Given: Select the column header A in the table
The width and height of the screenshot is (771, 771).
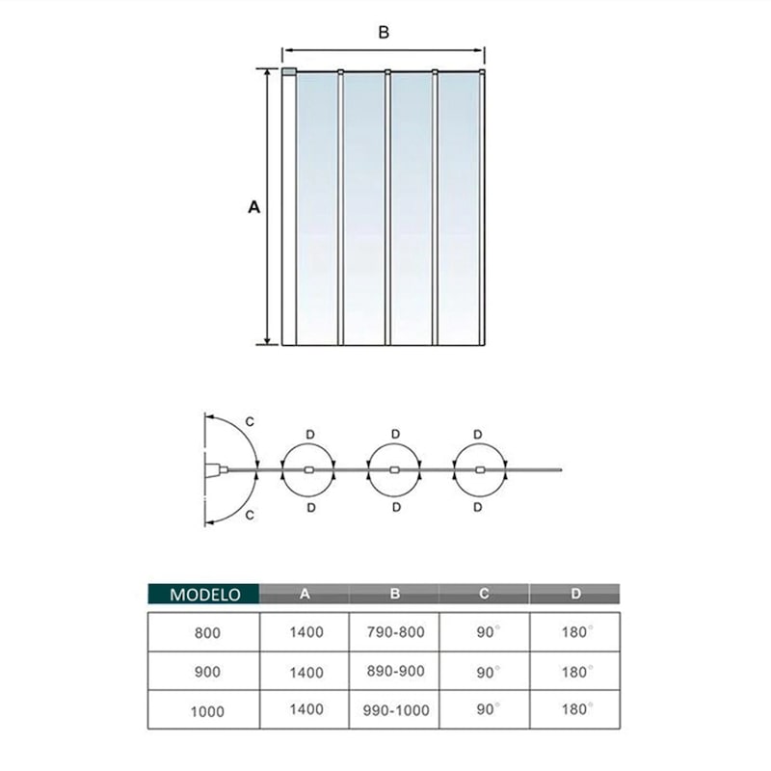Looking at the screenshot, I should [305, 595].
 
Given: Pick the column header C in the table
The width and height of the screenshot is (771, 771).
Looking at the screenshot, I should [484, 595].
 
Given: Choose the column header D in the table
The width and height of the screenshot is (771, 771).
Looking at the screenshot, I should [575, 595].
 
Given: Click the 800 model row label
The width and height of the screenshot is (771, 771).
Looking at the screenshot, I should [207, 634].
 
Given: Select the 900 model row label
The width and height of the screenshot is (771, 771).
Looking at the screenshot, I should [207, 673].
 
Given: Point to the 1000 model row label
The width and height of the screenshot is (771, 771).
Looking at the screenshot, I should [207, 712].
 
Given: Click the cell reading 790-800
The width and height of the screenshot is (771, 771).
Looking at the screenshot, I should [395, 634].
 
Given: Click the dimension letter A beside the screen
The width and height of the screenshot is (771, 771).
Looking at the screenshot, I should [253, 206].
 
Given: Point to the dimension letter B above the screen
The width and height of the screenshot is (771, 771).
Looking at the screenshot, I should [383, 32].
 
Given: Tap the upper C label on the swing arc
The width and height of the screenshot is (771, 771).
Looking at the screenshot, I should [250, 421].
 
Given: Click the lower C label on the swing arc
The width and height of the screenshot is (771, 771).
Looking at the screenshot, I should [250, 516].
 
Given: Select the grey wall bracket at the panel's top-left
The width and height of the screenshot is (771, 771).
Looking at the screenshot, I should [288, 71].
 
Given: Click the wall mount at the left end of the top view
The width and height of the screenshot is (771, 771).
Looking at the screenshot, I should [213, 470].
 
